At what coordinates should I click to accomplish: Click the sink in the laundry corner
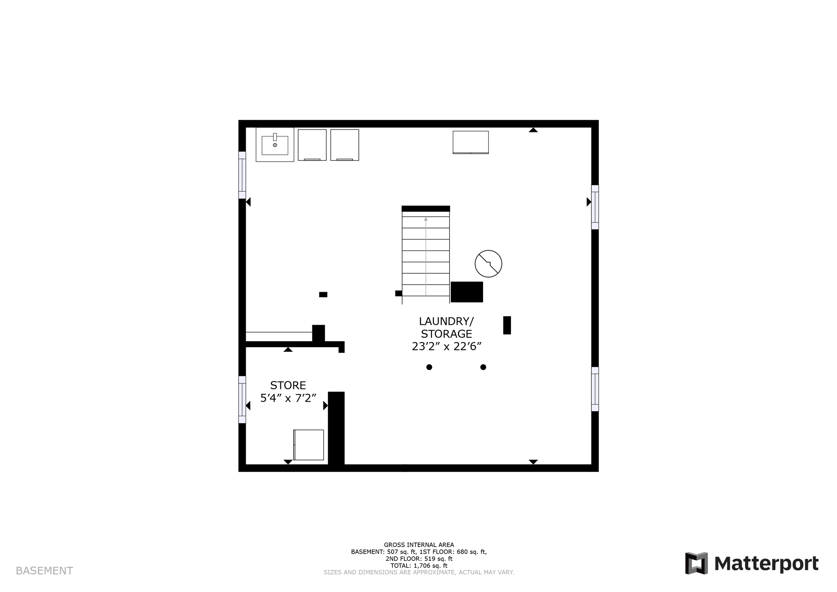point(275,145)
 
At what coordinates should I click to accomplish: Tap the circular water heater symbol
point(488,264)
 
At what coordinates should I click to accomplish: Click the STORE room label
point(288,385)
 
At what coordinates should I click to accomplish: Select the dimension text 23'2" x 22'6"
point(446,346)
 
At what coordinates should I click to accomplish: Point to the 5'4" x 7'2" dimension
point(288,398)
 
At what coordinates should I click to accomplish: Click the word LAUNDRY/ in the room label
point(446,321)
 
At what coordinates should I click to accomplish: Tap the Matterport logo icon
point(696,563)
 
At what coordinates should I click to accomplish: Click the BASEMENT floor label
point(44,571)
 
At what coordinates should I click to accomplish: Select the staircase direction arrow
point(426,255)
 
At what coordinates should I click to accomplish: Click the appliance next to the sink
point(312,145)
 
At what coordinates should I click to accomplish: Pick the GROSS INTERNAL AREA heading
point(418,545)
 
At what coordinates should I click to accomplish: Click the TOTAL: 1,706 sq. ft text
point(418,566)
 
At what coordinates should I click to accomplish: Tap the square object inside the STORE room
point(309,445)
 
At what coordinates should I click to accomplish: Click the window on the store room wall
point(242,400)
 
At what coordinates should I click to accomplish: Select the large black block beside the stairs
point(467,292)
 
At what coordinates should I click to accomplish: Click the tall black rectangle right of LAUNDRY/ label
point(507,325)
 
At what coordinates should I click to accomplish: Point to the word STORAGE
point(446,334)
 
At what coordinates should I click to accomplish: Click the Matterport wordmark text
point(766,563)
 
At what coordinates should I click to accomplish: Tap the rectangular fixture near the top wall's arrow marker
point(470,142)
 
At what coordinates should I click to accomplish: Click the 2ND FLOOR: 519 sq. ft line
point(418,559)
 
